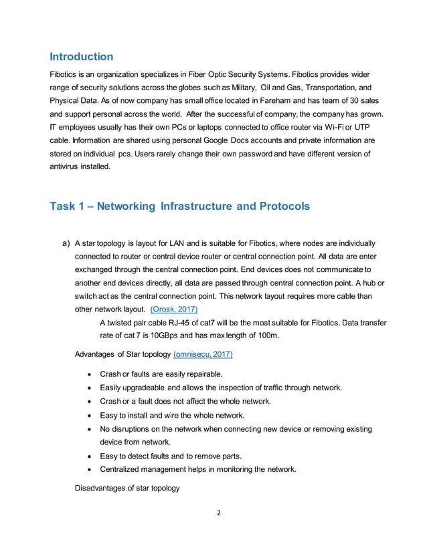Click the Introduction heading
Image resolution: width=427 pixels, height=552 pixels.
pyautogui.click(x=82, y=57)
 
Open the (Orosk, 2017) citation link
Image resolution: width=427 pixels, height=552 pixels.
pyautogui.click(x=174, y=309)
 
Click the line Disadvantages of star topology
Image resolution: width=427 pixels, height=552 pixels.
pyautogui.click(x=127, y=488)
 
